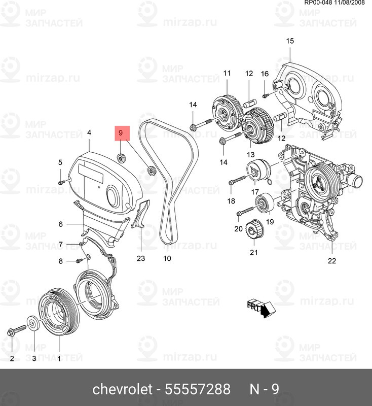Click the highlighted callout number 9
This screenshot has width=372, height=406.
[x=121, y=133]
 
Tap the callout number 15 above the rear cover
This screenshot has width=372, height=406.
[x=289, y=41]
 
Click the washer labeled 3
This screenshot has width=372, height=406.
[x=32, y=323]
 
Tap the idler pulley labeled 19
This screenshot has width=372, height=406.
[x=264, y=204]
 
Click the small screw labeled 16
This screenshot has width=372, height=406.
[x=265, y=95]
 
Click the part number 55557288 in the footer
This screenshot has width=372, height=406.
[x=198, y=389]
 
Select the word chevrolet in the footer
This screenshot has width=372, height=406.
[x=122, y=389]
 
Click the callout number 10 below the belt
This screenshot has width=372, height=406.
[x=167, y=258]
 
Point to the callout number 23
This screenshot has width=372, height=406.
[x=140, y=258]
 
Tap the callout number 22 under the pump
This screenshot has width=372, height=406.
[x=331, y=261]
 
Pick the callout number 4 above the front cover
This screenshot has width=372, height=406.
[x=89, y=133]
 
